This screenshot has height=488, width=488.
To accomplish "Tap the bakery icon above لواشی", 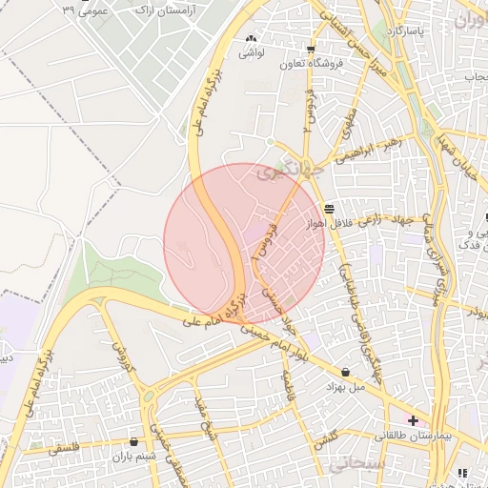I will pos(252,39).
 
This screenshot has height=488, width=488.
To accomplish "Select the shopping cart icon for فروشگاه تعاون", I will pos(311,50).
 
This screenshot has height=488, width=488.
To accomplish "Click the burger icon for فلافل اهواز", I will pos(329,208).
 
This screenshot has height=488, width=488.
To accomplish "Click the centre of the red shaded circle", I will pos(245,244).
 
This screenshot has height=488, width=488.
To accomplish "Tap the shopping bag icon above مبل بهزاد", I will pos(344,372).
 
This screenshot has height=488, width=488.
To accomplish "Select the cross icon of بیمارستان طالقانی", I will pos(413,420).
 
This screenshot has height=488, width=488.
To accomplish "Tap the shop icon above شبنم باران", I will pos(132,442).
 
